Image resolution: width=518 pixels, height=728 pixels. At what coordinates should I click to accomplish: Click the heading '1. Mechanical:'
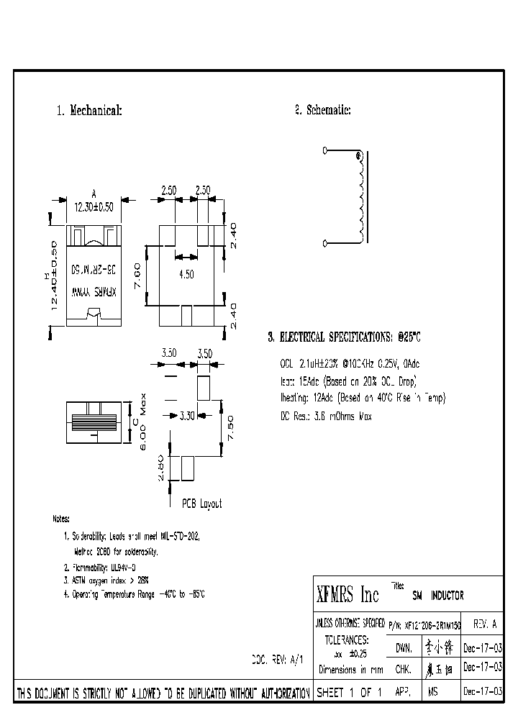tap(89, 111)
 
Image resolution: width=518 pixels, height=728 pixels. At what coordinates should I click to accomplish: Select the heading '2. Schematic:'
tap(322, 110)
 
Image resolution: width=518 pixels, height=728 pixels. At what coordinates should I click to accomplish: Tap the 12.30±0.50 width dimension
tap(94, 207)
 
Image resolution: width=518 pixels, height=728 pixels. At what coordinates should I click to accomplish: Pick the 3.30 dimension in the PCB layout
tap(186, 415)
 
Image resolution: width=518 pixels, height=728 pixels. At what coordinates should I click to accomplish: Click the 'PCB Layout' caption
tap(201, 504)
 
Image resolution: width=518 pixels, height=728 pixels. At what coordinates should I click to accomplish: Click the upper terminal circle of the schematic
tap(324, 150)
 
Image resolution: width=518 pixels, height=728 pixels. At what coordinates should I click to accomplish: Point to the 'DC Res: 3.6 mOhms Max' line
tap(325, 416)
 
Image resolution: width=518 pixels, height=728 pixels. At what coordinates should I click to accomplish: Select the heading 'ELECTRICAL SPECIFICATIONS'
tap(344, 337)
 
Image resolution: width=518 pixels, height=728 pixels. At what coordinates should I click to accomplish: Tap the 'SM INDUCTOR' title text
tap(437, 596)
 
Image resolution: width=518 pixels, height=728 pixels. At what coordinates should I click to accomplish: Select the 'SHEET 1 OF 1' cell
tap(348, 692)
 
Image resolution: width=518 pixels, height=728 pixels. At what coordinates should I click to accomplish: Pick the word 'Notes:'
tap(62, 519)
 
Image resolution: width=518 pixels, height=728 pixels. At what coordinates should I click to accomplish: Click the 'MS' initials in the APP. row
tap(432, 692)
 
